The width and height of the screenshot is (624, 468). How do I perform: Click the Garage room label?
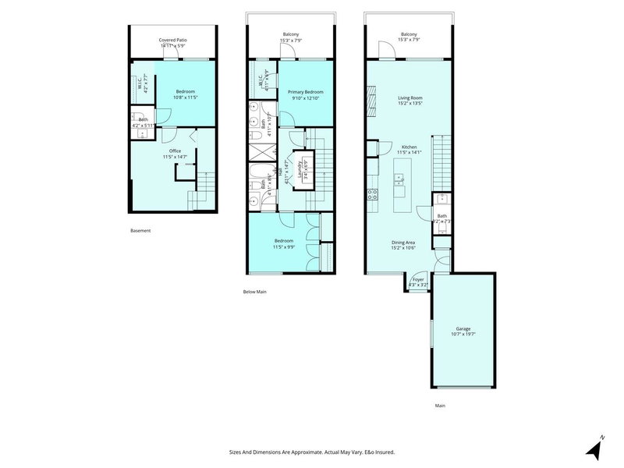pyautogui.click(x=463, y=329)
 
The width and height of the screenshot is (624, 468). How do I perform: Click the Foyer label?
pyautogui.click(x=418, y=279)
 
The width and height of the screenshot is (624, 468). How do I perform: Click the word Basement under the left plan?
pyautogui.click(x=140, y=231)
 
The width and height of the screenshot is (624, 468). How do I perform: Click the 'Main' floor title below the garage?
pyautogui.click(x=441, y=406)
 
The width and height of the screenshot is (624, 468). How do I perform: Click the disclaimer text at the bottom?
pyautogui.click(x=312, y=452)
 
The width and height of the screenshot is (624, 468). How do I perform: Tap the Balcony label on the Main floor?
pyautogui.click(x=408, y=34)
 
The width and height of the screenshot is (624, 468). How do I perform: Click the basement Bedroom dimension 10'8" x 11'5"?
pyautogui.click(x=185, y=97)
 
